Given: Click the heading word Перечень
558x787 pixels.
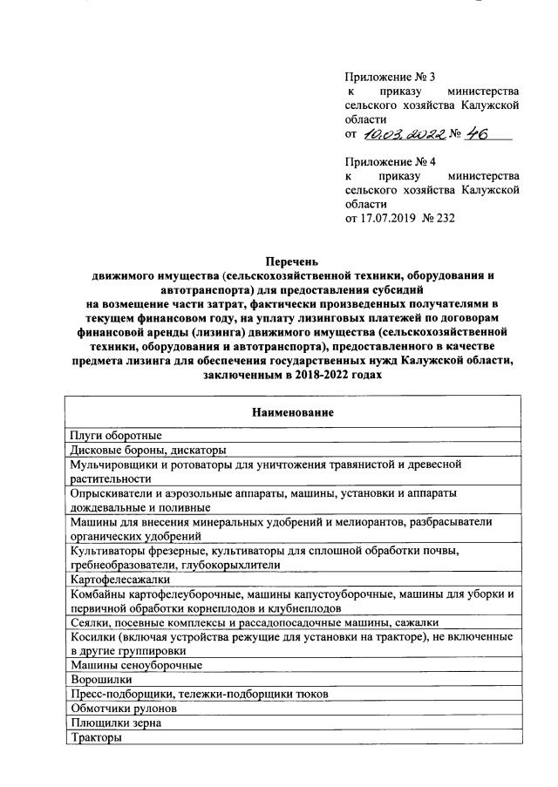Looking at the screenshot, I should click(293, 261).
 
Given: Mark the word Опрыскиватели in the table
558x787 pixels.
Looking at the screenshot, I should click(112, 493).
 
